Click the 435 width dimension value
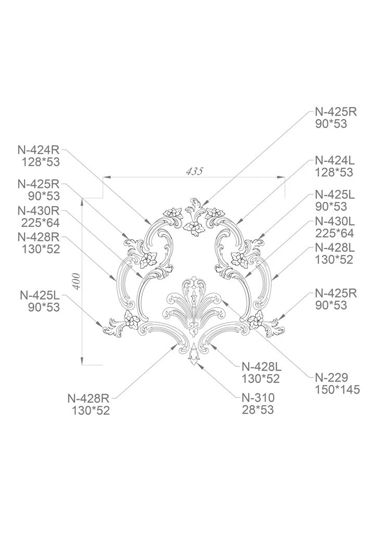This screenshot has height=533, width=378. (x=194, y=171)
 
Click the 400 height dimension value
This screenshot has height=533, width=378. (x=77, y=281)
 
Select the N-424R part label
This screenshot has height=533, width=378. (x=39, y=149)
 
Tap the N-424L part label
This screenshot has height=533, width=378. (x=335, y=160)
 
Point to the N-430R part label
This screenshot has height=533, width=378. (x=39, y=211)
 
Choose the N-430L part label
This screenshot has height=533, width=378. (x=335, y=221)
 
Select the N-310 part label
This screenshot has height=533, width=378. (x=258, y=397)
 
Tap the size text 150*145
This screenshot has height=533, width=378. (x=337, y=389)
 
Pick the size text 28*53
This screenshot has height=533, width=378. (x=258, y=410)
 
